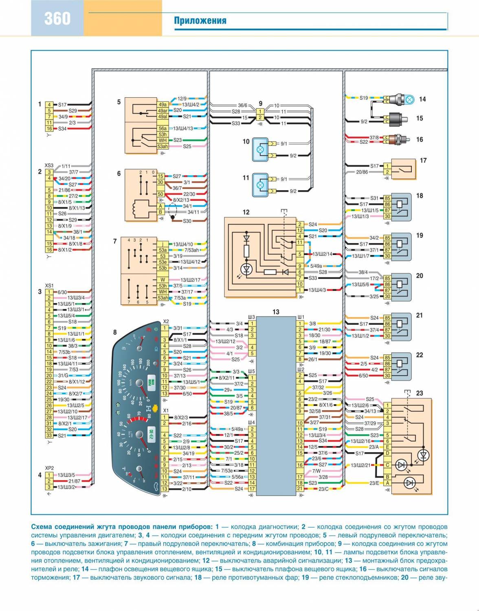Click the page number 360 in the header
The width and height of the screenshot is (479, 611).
57,18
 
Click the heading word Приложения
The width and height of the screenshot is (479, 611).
200,21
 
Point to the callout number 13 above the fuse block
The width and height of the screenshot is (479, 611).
276,312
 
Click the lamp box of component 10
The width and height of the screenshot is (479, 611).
259,149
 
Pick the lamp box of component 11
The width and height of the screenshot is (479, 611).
259,185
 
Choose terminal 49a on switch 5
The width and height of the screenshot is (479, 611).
163,104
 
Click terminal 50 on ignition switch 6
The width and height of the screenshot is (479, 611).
161,194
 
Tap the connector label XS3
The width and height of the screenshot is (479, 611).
49,165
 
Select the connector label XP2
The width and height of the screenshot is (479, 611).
49,468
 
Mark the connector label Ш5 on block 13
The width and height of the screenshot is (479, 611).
251,371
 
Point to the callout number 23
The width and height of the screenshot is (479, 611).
420,393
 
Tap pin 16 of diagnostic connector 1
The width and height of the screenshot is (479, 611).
49,129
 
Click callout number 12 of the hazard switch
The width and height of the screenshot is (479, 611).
246,212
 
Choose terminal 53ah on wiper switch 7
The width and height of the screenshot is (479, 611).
163,298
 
